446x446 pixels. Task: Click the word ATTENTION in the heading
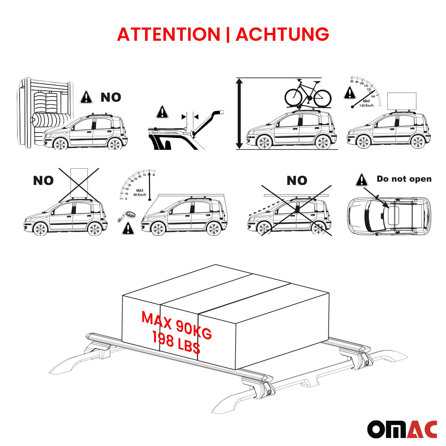click(x=168, y=34)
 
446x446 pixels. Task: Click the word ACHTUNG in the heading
click(x=282, y=34)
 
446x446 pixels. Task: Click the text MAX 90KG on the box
click(x=177, y=325)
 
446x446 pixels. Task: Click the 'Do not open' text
click(x=404, y=179)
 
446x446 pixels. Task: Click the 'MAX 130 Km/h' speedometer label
click(x=366, y=103)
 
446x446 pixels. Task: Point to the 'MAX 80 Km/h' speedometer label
click(x=140, y=193)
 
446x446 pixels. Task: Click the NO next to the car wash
click(x=111, y=97)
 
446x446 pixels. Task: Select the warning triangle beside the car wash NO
click(x=86, y=97)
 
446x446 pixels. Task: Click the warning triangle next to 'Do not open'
click(x=362, y=180)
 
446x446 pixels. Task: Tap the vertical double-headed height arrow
click(x=239, y=113)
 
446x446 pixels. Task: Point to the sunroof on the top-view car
click(x=393, y=215)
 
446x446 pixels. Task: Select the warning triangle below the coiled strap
click(x=128, y=228)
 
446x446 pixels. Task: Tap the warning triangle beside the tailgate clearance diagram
click(x=162, y=112)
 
